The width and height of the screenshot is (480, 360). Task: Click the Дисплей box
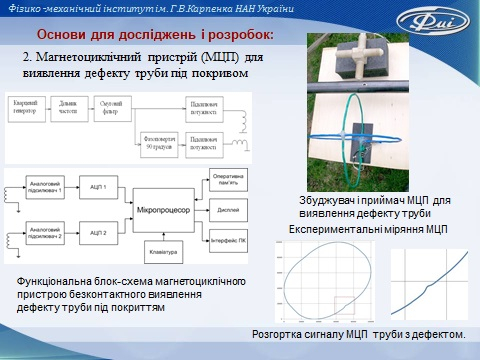[225, 211]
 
